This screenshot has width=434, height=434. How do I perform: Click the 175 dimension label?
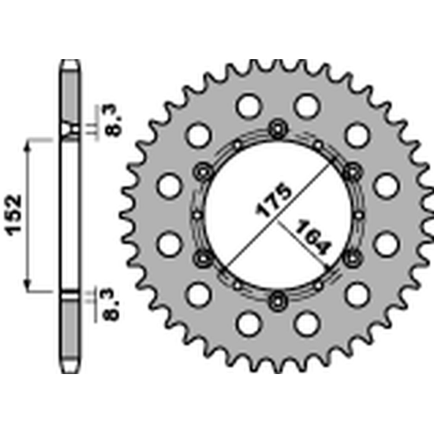[x=274, y=200]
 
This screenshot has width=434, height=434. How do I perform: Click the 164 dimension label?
[x=312, y=238]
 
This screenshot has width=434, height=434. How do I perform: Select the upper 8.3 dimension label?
[x=114, y=120]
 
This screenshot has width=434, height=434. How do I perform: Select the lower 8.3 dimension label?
[x=112, y=304]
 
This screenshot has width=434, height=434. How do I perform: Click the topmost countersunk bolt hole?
[x=278, y=129]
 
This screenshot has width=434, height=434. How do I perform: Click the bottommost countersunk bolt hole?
[x=278, y=301]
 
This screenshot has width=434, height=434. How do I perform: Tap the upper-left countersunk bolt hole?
[x=203, y=172]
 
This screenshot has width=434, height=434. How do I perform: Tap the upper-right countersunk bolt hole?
[x=353, y=172]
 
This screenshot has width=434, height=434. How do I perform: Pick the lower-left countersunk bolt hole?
[x=203, y=258]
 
